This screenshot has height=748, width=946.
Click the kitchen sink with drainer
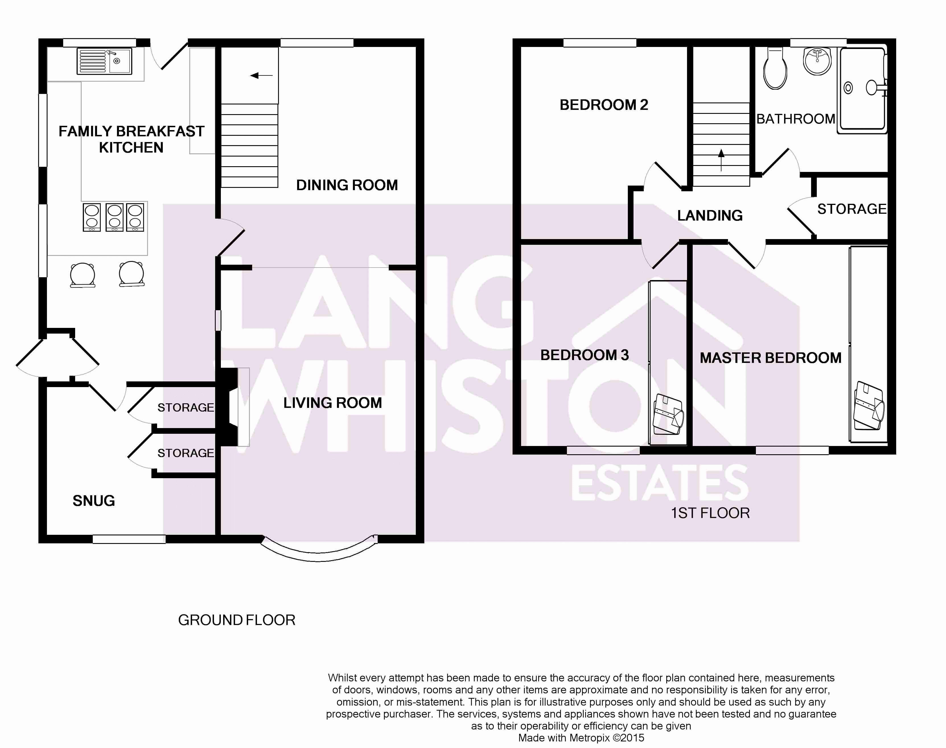104,61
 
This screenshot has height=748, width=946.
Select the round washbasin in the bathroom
817,61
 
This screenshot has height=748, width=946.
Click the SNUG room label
94,501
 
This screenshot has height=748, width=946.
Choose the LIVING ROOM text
332,403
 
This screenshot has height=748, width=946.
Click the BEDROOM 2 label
604,105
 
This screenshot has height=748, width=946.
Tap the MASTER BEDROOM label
770,358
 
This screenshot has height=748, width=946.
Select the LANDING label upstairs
710,215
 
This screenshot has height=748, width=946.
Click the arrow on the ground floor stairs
261,76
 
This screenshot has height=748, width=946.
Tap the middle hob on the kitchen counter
114,217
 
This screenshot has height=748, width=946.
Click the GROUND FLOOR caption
236,620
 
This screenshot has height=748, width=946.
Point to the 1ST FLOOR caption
710,513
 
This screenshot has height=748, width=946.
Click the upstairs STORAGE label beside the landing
852,209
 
